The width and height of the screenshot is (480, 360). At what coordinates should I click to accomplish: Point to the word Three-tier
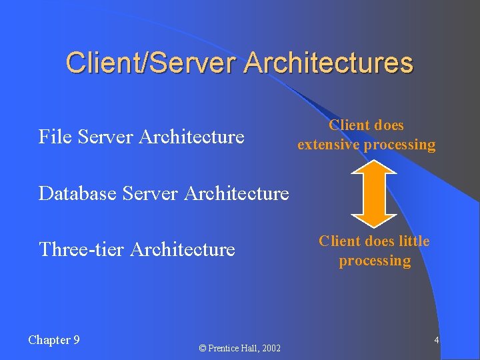tap(82, 249)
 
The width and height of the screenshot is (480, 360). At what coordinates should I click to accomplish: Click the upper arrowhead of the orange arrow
tap(374, 164)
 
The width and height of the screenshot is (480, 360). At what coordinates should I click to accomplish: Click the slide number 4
tap(436, 341)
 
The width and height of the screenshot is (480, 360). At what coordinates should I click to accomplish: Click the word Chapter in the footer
tap(49, 340)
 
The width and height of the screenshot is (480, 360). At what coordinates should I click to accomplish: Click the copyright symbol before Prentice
tap(203, 349)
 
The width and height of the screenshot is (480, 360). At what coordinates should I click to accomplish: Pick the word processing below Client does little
tap(375, 261)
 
